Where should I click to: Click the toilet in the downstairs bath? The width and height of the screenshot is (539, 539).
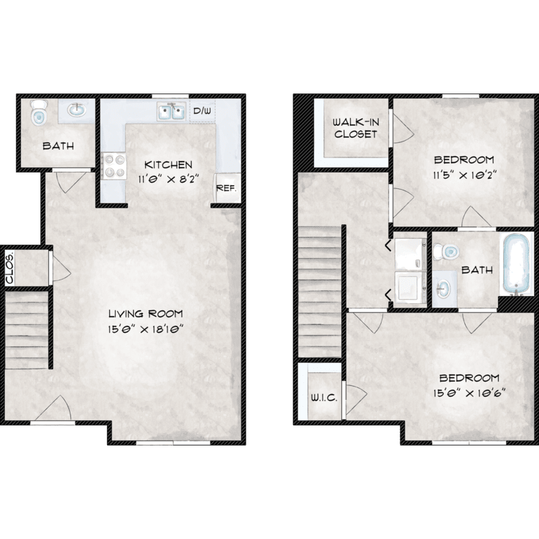tap(39, 112)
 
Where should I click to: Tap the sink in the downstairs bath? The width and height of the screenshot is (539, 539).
tap(76, 110)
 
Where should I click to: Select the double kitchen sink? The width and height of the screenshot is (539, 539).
tap(171, 111)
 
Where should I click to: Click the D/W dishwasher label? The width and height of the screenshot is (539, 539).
tap(202, 111)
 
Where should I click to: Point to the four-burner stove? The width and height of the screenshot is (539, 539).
tap(114, 165)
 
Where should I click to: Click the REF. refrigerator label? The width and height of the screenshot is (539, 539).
tap(226, 188)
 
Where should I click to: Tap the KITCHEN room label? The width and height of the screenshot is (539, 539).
tap(168, 165)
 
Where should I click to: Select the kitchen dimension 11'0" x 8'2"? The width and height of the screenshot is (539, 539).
tap(169, 179)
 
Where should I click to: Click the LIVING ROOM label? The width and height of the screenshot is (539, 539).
tap(145, 313)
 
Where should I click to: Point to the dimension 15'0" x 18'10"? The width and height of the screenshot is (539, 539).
tap(144, 329)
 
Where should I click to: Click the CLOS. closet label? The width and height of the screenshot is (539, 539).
tap(9, 269)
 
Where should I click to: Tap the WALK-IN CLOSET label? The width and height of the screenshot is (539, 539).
tap(356, 128)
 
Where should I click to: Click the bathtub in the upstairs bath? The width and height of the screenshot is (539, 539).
tap(516, 264)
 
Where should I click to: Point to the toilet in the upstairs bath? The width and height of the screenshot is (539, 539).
tap(446, 252)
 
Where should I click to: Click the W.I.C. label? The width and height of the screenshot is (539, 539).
tap(324, 397)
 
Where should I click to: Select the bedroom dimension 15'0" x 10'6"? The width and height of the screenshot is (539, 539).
tap(469, 392)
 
